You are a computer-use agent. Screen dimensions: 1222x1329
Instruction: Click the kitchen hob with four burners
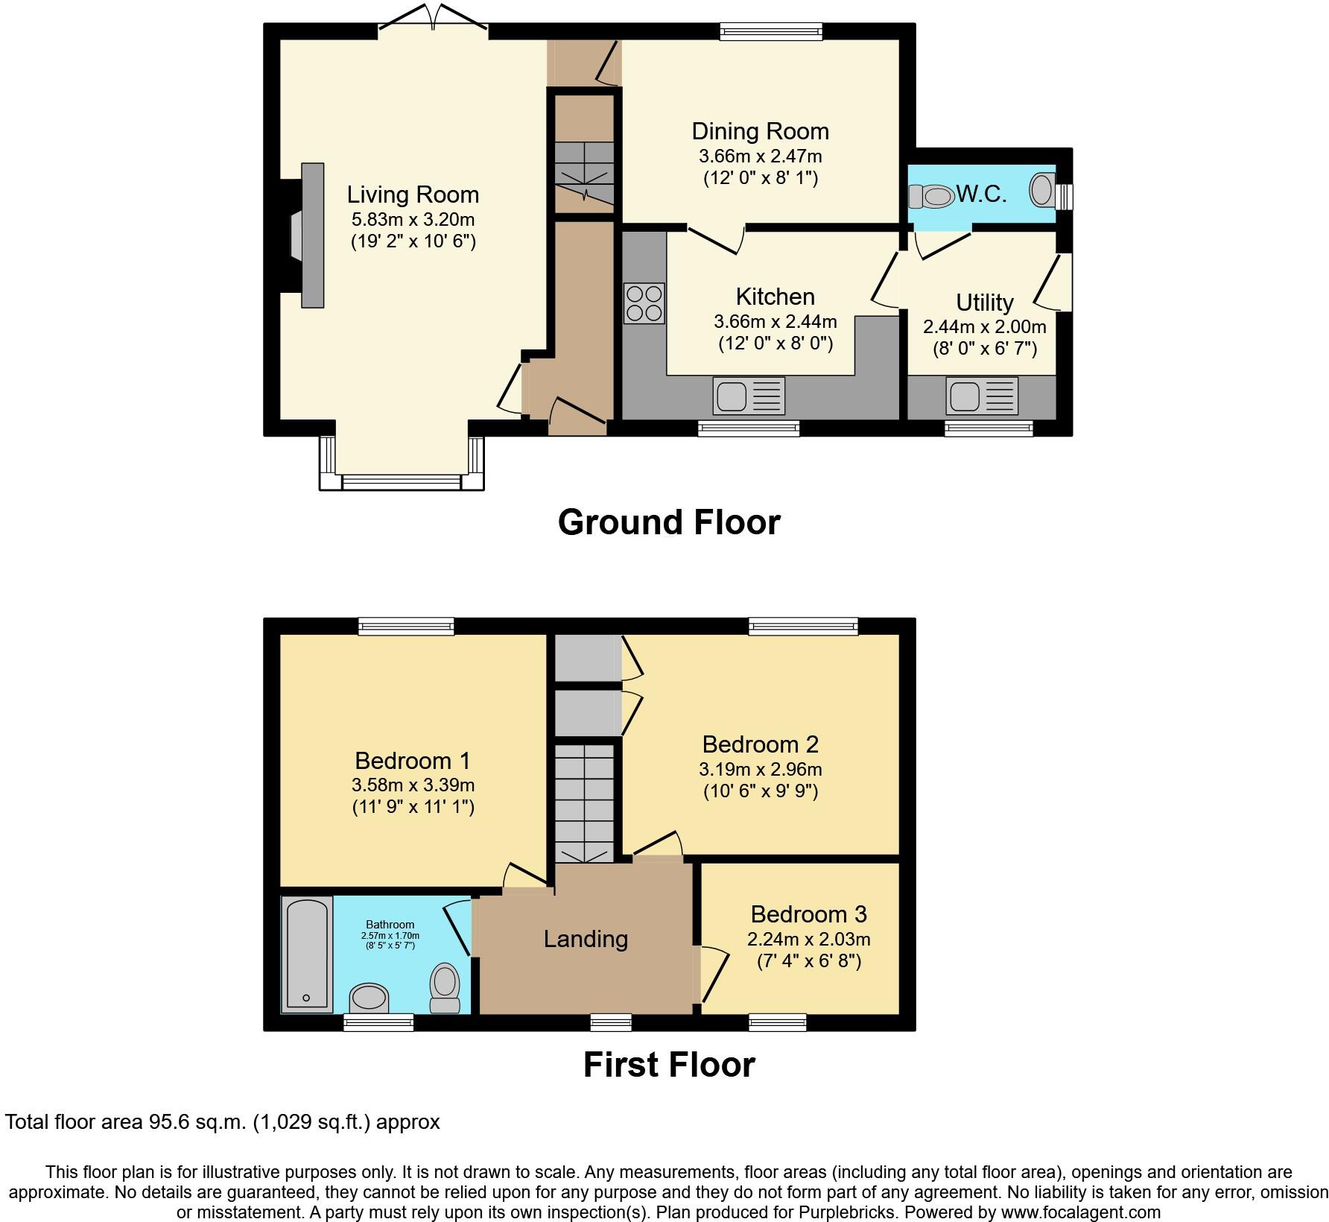(x=644, y=303)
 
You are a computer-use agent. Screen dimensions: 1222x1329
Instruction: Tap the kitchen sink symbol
(x=748, y=395)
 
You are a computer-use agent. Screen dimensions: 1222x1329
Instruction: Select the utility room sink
(x=982, y=395)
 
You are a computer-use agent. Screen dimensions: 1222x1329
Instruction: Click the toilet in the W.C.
(x=932, y=197)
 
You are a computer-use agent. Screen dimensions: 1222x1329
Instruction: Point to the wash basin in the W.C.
(x=1042, y=189)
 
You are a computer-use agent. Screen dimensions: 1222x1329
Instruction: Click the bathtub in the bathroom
(x=306, y=955)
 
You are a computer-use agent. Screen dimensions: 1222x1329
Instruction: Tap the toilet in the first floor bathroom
(x=445, y=987)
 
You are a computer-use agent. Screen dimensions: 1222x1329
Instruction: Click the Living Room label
(x=413, y=194)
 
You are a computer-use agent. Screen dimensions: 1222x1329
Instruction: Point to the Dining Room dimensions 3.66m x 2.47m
(x=760, y=156)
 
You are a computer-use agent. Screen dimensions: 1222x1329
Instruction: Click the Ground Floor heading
(x=668, y=522)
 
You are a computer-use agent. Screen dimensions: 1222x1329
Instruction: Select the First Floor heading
(x=668, y=1065)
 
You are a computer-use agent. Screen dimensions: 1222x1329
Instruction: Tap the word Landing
(x=586, y=939)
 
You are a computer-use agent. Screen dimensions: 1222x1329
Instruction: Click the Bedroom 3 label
(x=808, y=914)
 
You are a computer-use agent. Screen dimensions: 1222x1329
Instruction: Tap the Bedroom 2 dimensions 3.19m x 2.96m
(x=760, y=769)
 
